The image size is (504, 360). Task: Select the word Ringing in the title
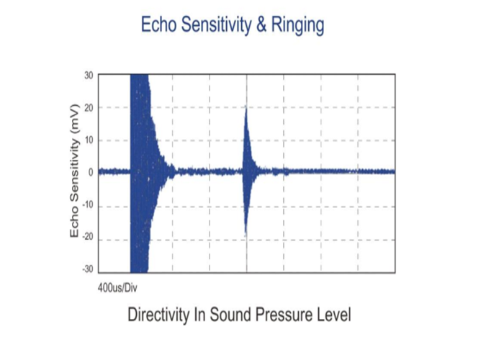click(297, 26)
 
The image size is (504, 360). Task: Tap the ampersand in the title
click(261, 24)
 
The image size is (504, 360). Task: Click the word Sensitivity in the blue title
click(216, 26)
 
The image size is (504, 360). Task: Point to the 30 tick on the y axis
click(89, 76)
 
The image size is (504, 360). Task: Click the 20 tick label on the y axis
click(89, 108)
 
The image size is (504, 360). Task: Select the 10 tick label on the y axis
click(89, 140)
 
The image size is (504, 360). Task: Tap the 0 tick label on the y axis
click(91, 173)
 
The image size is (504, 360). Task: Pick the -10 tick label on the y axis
click(88, 205)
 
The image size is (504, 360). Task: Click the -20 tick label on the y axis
click(88, 237)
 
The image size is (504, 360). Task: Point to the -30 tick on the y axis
click(88, 269)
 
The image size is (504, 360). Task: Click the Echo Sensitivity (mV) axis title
click(74, 171)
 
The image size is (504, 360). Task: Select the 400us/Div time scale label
click(117, 288)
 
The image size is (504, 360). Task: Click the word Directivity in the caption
click(158, 315)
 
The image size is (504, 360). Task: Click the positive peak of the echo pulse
click(246, 106)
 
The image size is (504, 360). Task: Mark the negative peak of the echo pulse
click(246, 235)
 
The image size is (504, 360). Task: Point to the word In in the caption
click(199, 315)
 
